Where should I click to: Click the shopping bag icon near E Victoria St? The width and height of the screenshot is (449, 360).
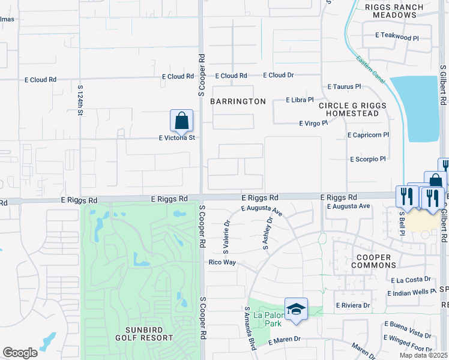click(x=181, y=121)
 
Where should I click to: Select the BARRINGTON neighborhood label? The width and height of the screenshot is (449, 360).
click(x=238, y=101)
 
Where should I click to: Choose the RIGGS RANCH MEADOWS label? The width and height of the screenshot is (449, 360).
click(x=394, y=11)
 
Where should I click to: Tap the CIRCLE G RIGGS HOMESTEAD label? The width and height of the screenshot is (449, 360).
click(x=353, y=110)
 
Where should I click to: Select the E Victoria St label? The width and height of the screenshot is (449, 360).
click(x=177, y=138)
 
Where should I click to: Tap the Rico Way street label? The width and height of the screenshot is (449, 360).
click(x=222, y=263)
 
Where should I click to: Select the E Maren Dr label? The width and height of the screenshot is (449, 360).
click(x=284, y=340)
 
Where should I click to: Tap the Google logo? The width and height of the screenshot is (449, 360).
click(x=20, y=353)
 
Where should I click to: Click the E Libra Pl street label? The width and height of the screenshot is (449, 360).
click(x=300, y=100)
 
